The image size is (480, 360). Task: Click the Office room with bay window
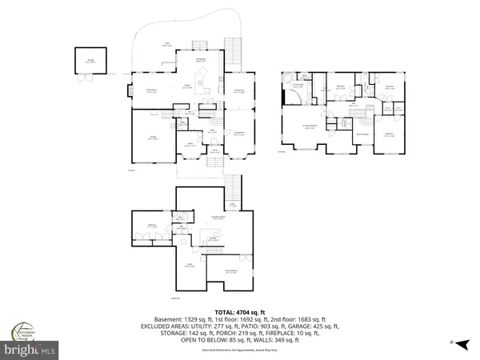190,145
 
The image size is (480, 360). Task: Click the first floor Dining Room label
238,91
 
